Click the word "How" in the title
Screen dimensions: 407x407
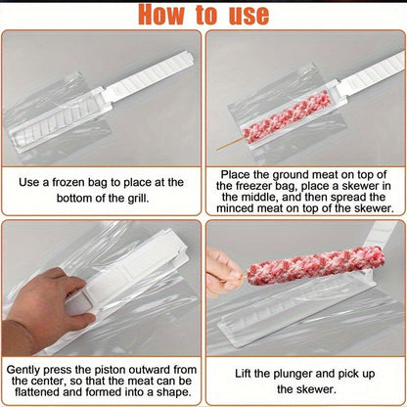[161, 15]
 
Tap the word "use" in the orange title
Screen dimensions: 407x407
[249, 15]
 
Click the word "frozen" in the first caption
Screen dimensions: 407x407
[68, 182]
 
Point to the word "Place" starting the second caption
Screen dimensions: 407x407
[233, 174]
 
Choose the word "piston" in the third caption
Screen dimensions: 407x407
[110, 370]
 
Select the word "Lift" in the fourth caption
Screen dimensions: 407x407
[243, 374]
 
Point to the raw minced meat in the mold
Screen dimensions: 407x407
[286, 117]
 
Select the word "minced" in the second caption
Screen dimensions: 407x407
[236, 208]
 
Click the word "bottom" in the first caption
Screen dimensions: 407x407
[74, 198]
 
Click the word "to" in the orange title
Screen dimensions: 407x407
[206, 15]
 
